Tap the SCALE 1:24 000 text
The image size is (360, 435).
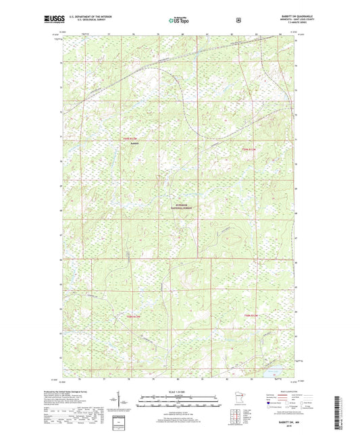tap(179, 392)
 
